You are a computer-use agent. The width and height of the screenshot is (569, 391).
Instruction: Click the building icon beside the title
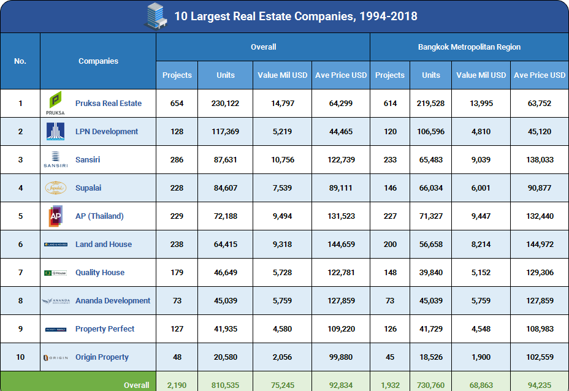(156, 16)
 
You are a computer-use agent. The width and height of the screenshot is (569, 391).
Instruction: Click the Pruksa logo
(55, 103)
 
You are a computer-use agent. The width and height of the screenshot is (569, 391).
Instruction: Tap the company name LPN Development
(107, 132)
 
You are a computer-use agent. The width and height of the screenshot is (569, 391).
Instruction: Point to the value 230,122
(226, 104)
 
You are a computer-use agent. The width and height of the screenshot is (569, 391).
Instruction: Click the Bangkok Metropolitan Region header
(469, 47)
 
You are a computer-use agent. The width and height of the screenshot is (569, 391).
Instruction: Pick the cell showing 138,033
(540, 160)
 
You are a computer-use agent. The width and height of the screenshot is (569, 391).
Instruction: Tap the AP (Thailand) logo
(55, 216)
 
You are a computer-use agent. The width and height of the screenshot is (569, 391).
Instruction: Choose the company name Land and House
(104, 245)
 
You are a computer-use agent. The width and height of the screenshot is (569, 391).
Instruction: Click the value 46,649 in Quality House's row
(226, 273)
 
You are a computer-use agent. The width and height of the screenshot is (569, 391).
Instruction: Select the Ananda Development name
(113, 301)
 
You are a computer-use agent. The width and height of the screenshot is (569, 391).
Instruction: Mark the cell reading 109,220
(341, 329)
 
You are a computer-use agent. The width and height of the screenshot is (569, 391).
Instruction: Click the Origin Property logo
(55, 357)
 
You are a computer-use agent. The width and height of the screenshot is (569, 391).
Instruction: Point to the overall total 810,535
(226, 385)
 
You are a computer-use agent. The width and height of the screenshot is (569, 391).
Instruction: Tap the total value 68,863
(481, 385)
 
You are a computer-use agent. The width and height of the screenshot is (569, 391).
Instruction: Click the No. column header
(20, 61)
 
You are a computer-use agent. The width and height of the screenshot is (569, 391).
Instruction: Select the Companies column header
(98, 61)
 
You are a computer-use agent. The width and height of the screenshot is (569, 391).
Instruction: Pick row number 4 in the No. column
(20, 188)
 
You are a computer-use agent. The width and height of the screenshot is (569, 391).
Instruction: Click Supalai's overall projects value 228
(177, 188)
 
